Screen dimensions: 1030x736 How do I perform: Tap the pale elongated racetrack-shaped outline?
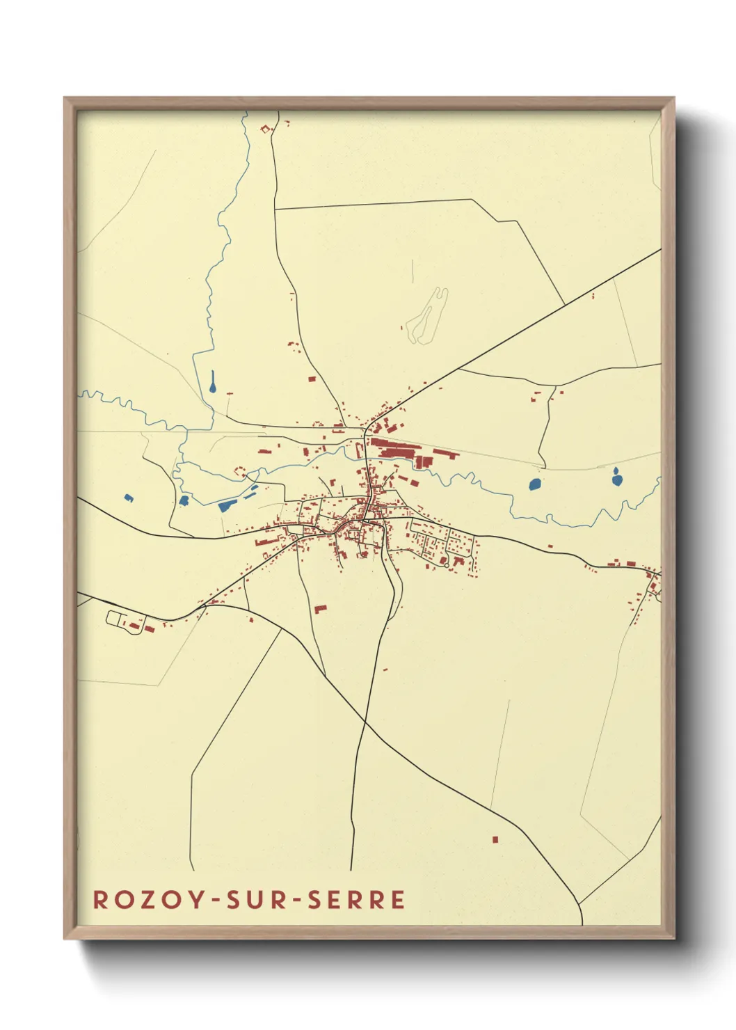click(x=426, y=317)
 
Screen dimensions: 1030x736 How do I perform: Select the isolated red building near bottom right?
click(x=495, y=839)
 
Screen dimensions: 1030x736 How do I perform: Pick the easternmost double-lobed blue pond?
click(x=616, y=478)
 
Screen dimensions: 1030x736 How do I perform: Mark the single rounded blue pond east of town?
click(x=534, y=484)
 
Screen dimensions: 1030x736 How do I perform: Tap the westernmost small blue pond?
click(x=128, y=498)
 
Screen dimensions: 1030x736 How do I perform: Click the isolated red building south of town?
click(x=320, y=609)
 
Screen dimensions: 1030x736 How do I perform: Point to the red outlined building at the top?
click(x=266, y=128)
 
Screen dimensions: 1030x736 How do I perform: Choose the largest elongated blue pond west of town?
click(x=227, y=505)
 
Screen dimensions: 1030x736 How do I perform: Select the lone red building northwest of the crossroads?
click(x=312, y=379)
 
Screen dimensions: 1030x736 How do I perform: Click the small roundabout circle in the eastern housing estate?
click(x=446, y=565)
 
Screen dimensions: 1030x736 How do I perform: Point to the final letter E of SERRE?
click(x=398, y=899)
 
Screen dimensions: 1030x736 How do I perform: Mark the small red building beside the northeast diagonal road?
click(x=593, y=296)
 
